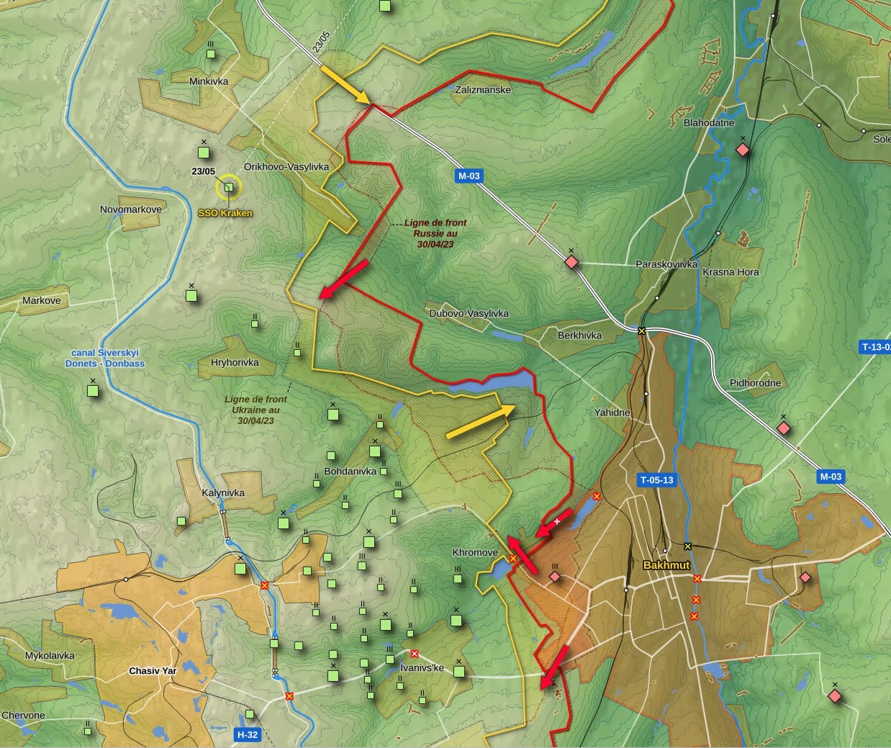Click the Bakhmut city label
click(x=666, y=565)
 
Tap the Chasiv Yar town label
click(x=152, y=671)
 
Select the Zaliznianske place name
click(x=483, y=90)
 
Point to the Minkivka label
click(x=209, y=81)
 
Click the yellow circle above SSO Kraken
click(x=229, y=188)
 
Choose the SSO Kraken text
click(x=225, y=214)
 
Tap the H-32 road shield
click(x=247, y=735)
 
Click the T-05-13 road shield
click(x=657, y=480)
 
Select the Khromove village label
click(x=475, y=553)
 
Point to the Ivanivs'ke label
click(x=422, y=668)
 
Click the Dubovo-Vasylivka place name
click(x=469, y=313)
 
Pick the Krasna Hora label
click(x=731, y=272)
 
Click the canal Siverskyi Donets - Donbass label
click(x=108, y=358)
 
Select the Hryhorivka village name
click(x=235, y=363)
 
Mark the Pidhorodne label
click(x=755, y=383)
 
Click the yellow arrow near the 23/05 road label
click(x=344, y=84)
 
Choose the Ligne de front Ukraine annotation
click(x=255, y=410)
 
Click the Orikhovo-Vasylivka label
click(x=286, y=166)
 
